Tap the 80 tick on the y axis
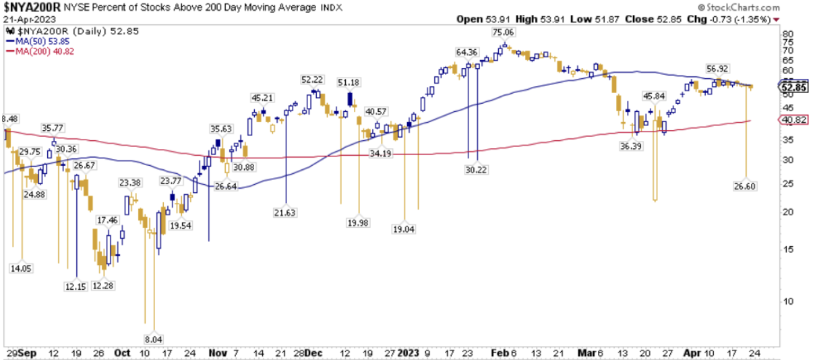tap(785, 34)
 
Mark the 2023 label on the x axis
tap(408, 353)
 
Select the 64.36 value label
tap(466, 52)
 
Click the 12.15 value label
tap(76, 286)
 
